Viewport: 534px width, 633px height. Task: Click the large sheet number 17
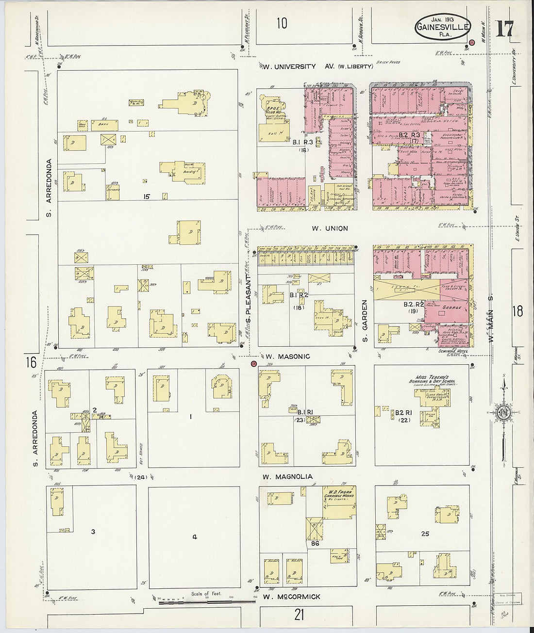click(504, 29)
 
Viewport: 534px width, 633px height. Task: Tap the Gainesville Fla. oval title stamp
click(443, 27)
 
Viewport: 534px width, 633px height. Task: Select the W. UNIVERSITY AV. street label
click(289, 66)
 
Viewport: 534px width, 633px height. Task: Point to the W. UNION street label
click(330, 228)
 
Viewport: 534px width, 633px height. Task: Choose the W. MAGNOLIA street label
click(287, 477)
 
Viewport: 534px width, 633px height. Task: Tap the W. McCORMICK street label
click(291, 597)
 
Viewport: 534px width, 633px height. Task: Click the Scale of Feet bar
click(206, 601)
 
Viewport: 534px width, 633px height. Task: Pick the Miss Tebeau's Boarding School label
click(432, 380)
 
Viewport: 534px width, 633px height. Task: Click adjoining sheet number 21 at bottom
click(299, 615)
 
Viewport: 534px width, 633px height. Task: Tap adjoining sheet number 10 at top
click(282, 23)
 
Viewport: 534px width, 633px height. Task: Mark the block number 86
click(315, 544)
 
